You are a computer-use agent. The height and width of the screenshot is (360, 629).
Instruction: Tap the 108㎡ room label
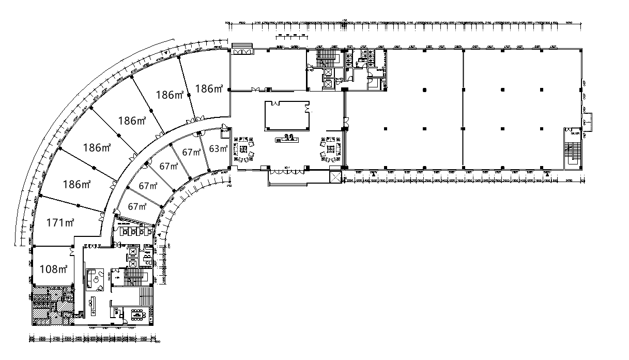click(53, 269)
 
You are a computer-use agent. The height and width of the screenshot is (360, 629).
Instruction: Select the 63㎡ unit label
click(218, 149)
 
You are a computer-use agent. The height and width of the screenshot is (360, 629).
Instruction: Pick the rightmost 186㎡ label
click(208, 89)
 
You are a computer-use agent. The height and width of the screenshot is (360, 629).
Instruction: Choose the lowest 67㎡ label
click(137, 207)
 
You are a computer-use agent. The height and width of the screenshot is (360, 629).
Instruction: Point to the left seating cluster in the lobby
click(245, 149)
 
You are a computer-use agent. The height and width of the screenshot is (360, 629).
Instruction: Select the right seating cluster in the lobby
click(330, 149)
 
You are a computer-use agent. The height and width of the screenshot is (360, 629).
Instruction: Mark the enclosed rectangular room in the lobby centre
click(287, 115)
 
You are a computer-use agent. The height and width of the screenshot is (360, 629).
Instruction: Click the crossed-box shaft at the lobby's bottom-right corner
click(335, 177)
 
